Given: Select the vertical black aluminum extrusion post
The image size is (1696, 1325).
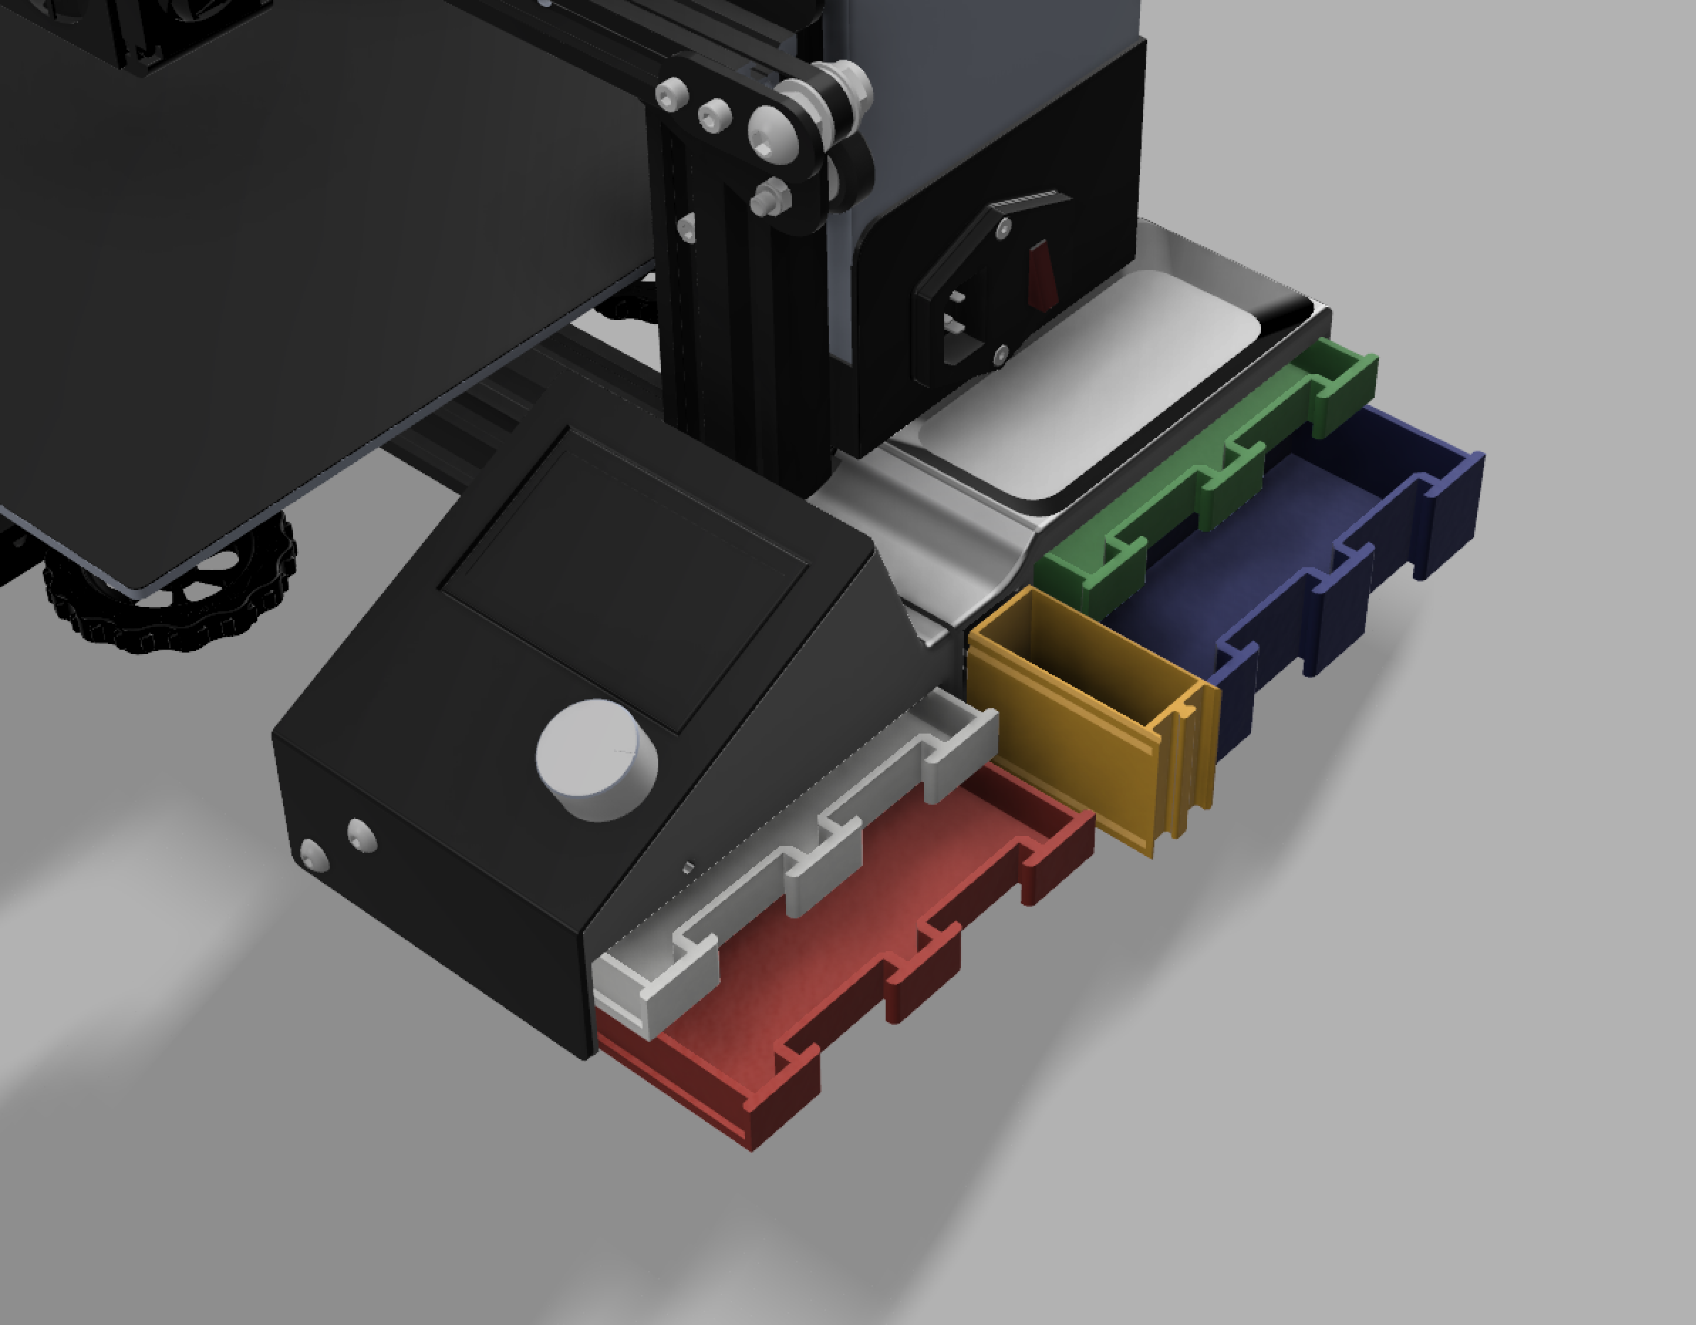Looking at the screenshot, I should [738, 311].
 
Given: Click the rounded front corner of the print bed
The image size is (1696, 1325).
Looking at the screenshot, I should [140, 579].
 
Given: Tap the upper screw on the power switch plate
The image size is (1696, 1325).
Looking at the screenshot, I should [1005, 230].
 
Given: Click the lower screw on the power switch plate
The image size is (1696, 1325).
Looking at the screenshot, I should [1000, 355].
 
